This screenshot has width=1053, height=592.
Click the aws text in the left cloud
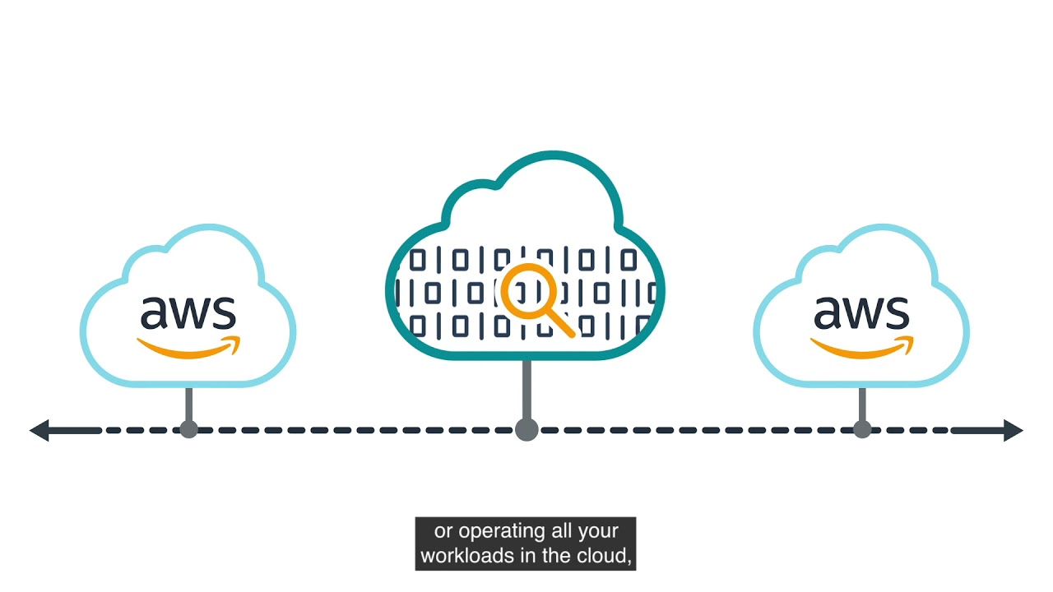[188, 312]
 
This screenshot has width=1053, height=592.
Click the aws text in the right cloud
[861, 312]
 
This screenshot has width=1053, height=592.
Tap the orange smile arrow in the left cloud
[189, 348]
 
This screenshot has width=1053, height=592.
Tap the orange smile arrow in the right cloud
[862, 348]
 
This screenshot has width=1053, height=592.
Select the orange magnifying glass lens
[523, 290]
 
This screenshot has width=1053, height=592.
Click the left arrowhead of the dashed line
[39, 430]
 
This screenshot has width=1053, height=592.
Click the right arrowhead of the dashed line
[1013, 430]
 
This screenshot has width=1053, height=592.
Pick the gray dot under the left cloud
[188, 429]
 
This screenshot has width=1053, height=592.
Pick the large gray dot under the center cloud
[526, 429]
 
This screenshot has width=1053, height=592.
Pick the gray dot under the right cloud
[861, 429]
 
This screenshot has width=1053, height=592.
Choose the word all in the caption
[561, 532]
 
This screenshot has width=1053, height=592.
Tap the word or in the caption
[443, 532]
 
